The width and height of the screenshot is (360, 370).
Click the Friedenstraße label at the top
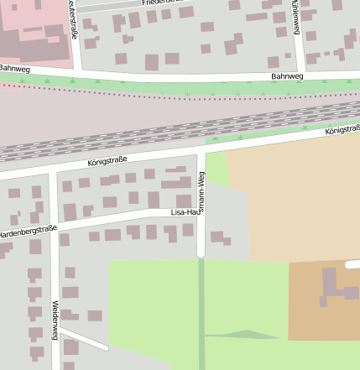tap(163, 3)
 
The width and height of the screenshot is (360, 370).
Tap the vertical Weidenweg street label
tap(55, 320)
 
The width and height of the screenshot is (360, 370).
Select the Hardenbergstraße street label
tap(29, 231)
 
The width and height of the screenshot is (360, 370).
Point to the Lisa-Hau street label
tap(183, 213)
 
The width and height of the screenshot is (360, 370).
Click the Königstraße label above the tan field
tap(342, 131)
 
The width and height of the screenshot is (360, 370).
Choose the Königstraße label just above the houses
tap(107, 160)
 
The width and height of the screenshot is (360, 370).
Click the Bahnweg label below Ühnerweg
tap(286, 76)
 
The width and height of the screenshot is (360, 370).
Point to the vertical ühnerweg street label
tap(295, 17)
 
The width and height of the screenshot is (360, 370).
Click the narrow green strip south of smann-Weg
tap(201, 310)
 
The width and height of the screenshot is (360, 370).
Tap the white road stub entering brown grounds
tap(352, 264)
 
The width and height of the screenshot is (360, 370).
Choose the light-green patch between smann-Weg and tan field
tap(217, 169)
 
